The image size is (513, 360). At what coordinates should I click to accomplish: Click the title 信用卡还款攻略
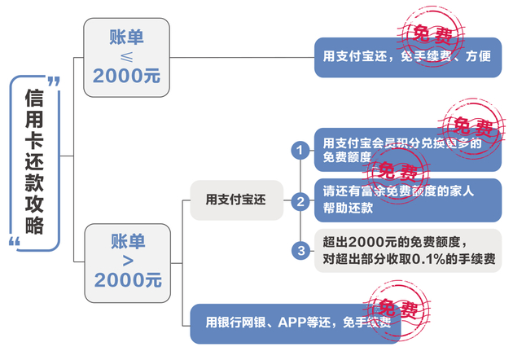[x=34, y=163]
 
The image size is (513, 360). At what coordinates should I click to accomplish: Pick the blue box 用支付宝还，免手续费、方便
[x=407, y=57]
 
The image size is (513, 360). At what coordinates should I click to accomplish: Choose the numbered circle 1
[x=300, y=150]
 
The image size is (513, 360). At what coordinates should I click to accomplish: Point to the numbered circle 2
[x=300, y=200]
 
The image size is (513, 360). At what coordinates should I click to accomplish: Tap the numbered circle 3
[x=300, y=250]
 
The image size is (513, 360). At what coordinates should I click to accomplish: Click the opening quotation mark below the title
[x=14, y=242]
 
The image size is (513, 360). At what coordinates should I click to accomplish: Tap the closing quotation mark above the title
[x=54, y=81]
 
